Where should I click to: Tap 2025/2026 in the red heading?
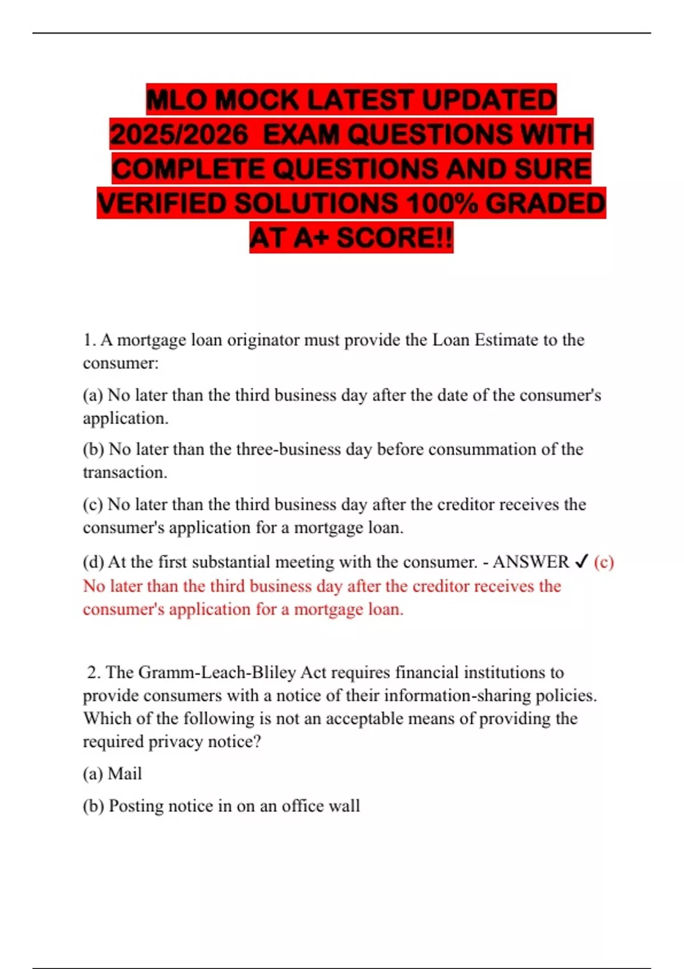(x=179, y=135)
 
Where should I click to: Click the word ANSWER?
(x=531, y=562)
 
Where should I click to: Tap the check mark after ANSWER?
(x=581, y=562)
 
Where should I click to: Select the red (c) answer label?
(x=604, y=562)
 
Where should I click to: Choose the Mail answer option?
(x=124, y=773)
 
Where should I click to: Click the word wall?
(x=346, y=806)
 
